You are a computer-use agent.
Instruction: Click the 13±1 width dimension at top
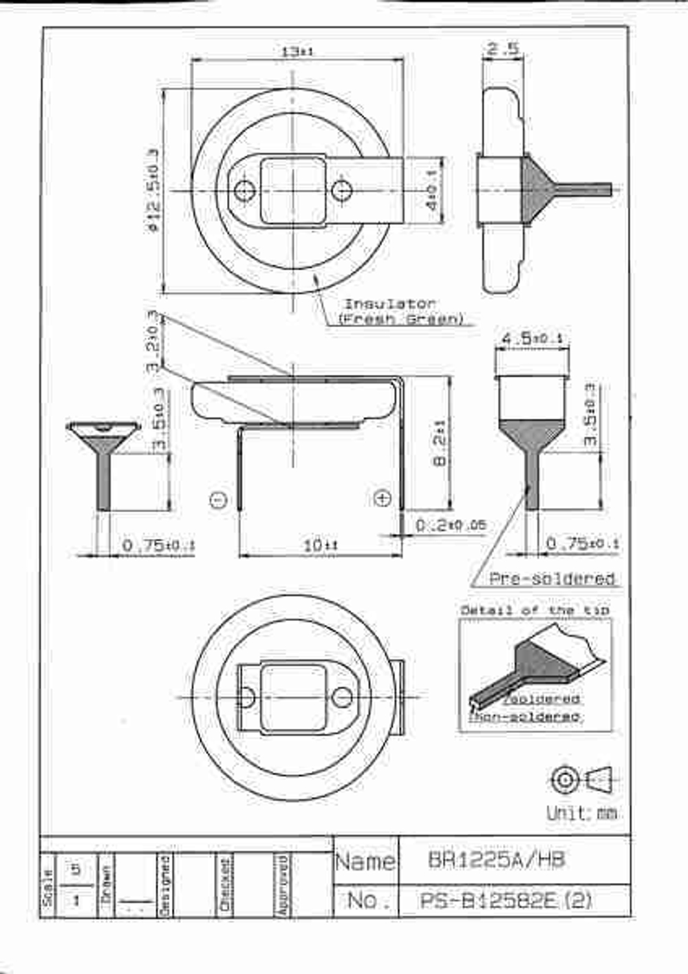pos(297,52)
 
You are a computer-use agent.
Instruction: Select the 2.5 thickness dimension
pos(502,50)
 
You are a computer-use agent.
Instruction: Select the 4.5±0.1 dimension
pos(532,339)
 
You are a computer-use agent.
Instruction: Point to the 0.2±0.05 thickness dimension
pos(451,525)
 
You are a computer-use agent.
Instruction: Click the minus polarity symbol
pos(218,500)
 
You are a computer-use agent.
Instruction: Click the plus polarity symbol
pos(383,498)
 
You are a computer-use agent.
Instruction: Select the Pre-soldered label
pos(551,579)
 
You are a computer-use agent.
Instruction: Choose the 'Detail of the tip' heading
pos(535,610)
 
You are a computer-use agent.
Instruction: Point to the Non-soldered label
pos(524,717)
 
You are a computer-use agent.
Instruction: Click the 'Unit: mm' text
pos(581,813)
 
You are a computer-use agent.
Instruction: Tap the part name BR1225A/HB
pos(496,860)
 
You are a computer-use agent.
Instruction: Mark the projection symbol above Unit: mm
pos(583,780)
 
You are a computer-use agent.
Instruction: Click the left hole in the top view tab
pos(244,190)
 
